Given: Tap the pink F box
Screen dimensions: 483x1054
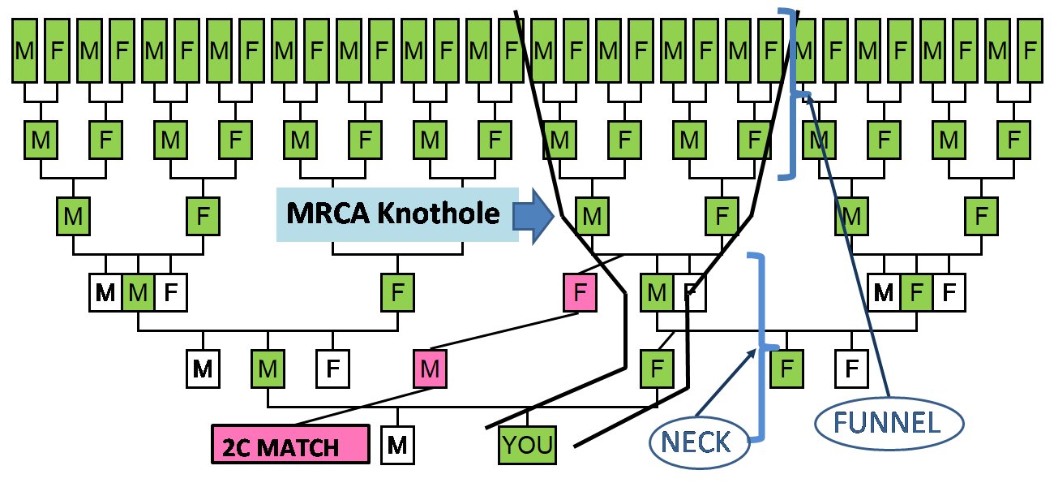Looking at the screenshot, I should point(580,292).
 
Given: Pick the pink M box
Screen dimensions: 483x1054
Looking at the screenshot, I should point(430,369).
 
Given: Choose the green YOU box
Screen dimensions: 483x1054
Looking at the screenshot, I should point(528,445).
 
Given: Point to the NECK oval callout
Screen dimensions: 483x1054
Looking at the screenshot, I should point(701,443).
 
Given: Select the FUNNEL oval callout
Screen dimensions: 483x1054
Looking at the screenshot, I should point(889,423).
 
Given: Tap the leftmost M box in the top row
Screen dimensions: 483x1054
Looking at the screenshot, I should point(24,51).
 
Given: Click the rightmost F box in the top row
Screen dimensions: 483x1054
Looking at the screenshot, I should point(1030,51).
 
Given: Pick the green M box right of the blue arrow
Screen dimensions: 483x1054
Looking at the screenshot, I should point(592,217).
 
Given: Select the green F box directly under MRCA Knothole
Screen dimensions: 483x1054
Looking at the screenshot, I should point(397,292).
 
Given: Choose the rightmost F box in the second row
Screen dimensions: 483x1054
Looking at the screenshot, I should point(1013,140).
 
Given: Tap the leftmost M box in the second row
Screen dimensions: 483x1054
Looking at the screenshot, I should point(41,140).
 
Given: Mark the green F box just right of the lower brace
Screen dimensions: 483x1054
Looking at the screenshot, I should point(786,369).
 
